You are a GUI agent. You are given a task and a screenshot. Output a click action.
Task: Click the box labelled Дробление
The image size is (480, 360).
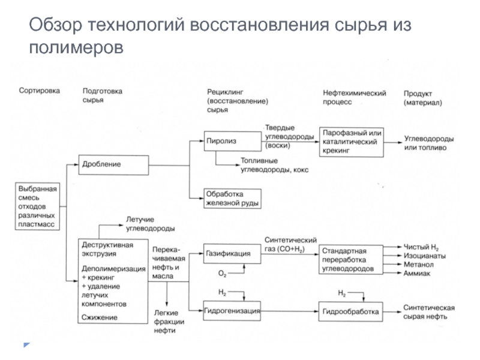click(113, 164)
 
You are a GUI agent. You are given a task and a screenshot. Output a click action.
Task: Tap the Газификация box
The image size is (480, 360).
click(232, 253)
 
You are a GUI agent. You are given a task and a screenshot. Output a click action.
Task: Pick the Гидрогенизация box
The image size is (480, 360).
click(232, 311)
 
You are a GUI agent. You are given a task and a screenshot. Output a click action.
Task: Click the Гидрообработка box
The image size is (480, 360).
click(350, 312)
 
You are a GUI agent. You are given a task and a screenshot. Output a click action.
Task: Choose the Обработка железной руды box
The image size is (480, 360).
click(232, 199)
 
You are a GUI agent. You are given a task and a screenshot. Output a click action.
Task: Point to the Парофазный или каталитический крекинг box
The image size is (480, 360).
click(350, 142)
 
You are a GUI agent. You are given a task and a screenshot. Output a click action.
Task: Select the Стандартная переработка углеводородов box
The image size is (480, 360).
click(350, 259)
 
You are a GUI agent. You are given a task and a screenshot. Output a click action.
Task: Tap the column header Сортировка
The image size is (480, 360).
click(40, 91)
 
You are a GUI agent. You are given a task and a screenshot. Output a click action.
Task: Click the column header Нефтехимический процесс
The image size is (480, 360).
click(354, 97)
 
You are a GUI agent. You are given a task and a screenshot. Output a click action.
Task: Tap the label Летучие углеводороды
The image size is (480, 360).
click(150, 224)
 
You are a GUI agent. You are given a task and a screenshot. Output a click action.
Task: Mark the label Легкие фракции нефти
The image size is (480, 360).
click(169, 322)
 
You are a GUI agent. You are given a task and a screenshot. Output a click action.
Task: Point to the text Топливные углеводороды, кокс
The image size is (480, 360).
click(274, 166)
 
